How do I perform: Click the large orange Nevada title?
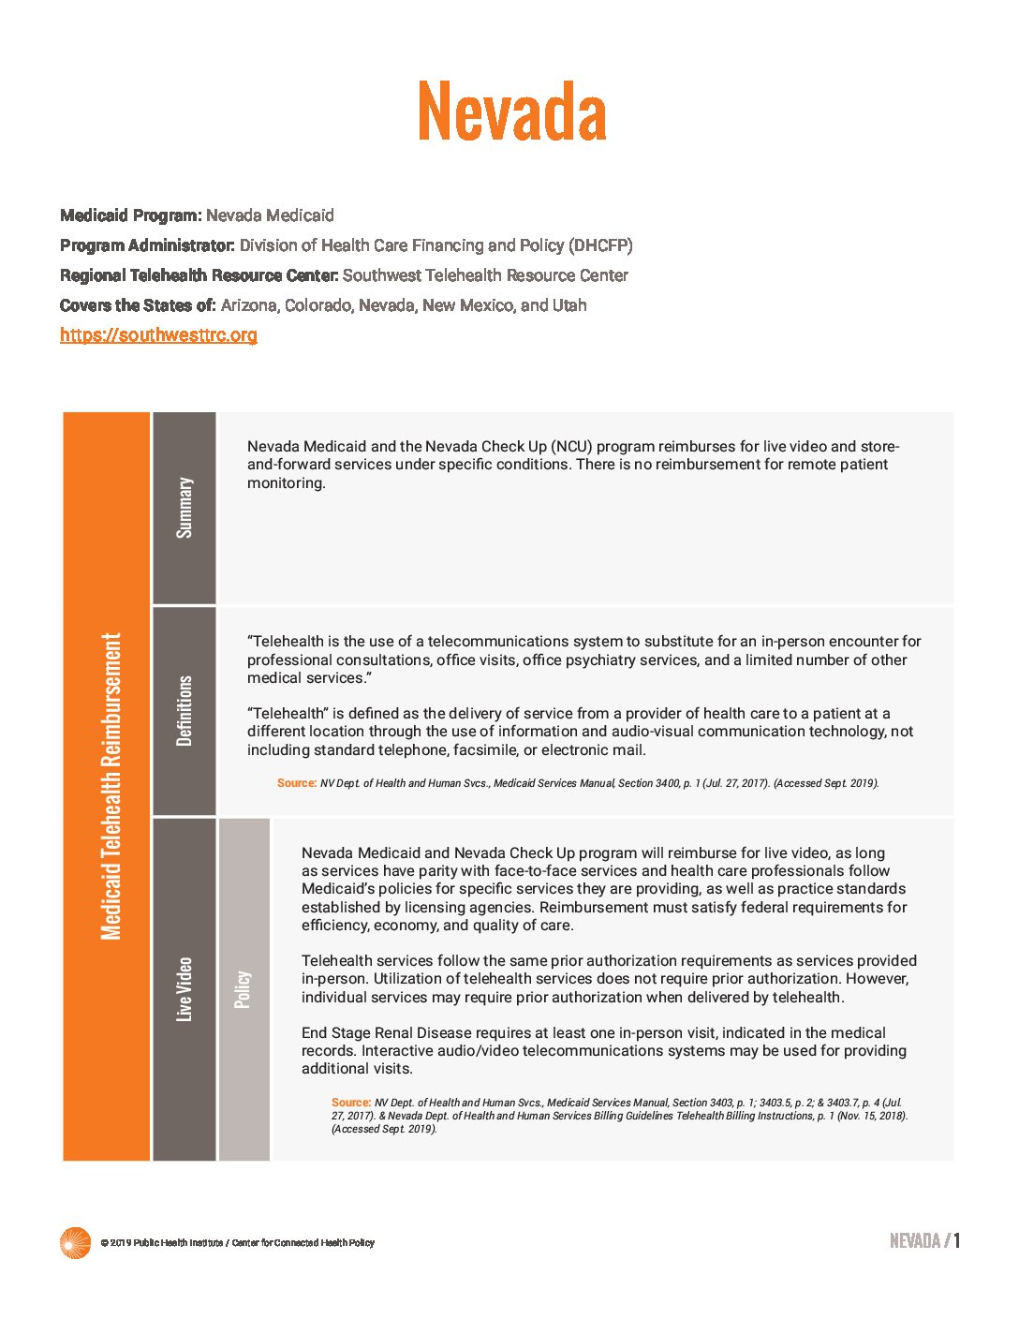pyautogui.click(x=511, y=111)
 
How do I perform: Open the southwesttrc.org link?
pyautogui.click(x=158, y=334)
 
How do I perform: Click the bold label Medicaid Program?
pyautogui.click(x=130, y=215)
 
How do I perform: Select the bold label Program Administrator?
pyautogui.click(x=147, y=245)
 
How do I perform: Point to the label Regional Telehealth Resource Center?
pyautogui.click(x=199, y=275)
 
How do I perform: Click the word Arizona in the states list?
pyautogui.click(x=248, y=305)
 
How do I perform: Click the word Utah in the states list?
pyautogui.click(x=569, y=305)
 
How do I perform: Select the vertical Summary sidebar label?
pyautogui.click(x=185, y=508)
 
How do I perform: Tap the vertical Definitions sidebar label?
pyautogui.click(x=185, y=710)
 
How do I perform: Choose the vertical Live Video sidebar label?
pyautogui.click(x=185, y=988)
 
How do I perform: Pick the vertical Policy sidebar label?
pyautogui.click(x=243, y=988)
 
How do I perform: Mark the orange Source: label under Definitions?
pyautogui.click(x=296, y=783)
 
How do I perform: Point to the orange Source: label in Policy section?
pyautogui.click(x=350, y=1103)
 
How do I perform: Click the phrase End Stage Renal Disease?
pyautogui.click(x=386, y=1032)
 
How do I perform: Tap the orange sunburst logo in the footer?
pyautogui.click(x=75, y=1242)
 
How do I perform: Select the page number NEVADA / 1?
pyautogui.click(x=923, y=1241)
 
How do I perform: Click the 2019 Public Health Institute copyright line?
pyautogui.click(x=237, y=1243)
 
